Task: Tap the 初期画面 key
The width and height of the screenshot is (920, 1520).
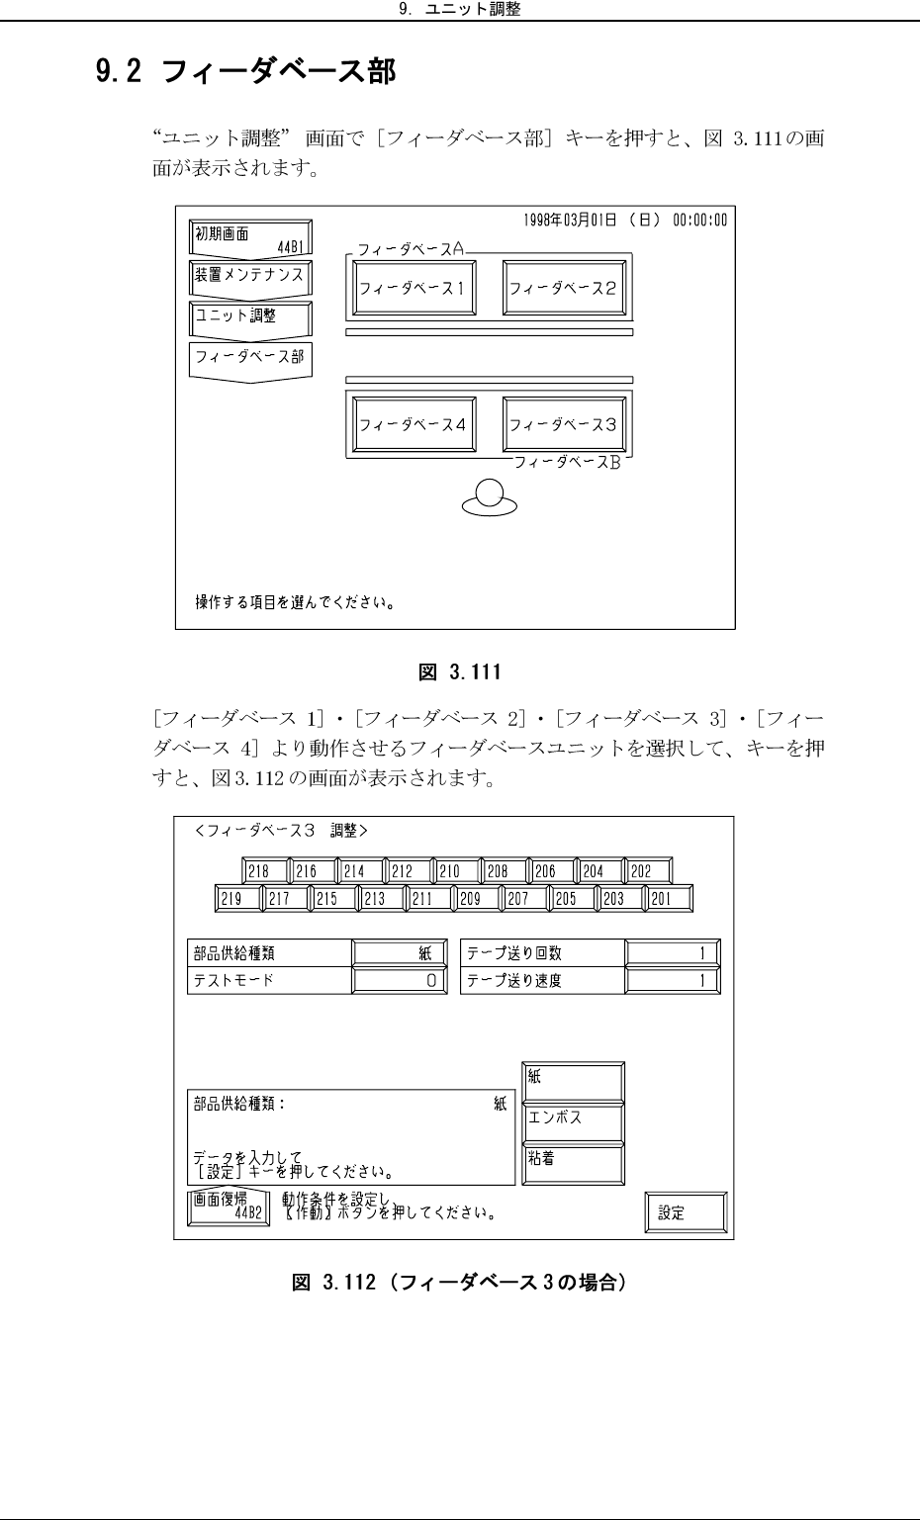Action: (250, 237)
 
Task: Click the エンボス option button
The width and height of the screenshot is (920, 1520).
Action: (573, 1119)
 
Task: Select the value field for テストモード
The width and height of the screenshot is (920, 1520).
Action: (400, 981)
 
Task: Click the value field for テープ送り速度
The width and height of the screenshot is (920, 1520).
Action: (672, 981)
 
